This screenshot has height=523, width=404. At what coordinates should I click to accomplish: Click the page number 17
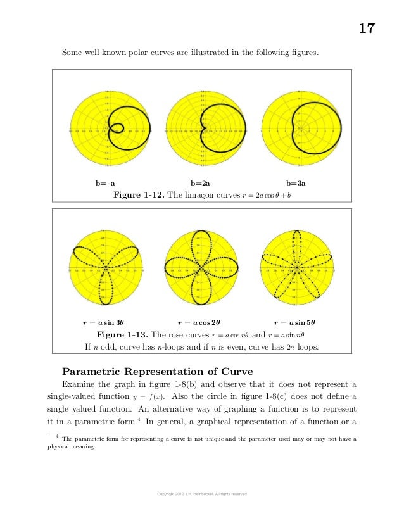coord(367,28)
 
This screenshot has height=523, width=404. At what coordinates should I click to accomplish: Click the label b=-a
coord(105,184)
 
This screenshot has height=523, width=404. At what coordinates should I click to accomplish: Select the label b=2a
coord(201,184)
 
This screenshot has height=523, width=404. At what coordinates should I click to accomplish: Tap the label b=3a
coord(296,184)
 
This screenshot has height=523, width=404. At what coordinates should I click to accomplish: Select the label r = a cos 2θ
coord(201,322)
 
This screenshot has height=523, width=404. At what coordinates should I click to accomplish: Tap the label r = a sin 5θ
coord(296,322)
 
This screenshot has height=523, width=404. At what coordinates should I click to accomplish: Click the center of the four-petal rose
coord(201,268)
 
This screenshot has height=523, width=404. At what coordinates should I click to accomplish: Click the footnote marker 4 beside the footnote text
coord(57,436)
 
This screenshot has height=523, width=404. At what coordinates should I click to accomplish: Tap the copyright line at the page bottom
coord(201,494)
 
